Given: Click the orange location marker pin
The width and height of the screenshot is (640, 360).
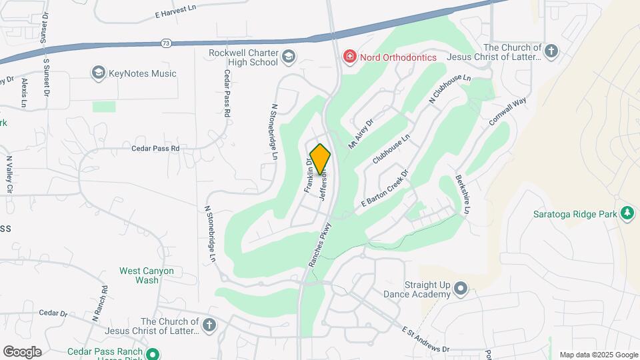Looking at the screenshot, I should click(x=320, y=159).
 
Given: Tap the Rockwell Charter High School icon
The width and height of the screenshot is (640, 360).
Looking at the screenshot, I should click(x=289, y=56).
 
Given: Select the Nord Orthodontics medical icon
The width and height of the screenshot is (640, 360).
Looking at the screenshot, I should click(x=349, y=57).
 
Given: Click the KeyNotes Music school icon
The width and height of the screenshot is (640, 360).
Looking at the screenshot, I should click(x=99, y=73).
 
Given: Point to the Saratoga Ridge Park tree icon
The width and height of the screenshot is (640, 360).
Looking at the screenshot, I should click(x=627, y=213).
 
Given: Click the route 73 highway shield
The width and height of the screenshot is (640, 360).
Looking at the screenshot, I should click(x=165, y=43).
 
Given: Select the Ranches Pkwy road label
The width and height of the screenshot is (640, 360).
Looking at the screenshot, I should click(x=320, y=245).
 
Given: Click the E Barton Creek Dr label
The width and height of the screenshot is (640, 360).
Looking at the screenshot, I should click(x=385, y=191).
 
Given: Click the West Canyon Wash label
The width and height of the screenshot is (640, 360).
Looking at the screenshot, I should click(x=146, y=275).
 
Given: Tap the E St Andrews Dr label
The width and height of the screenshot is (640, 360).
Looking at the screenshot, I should click(x=426, y=339).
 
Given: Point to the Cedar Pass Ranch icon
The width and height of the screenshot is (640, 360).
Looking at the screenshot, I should click(x=153, y=353).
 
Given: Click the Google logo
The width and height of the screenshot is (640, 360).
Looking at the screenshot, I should click(x=22, y=351).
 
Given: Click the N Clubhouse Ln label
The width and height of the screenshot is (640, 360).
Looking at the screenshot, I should click(x=450, y=89).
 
